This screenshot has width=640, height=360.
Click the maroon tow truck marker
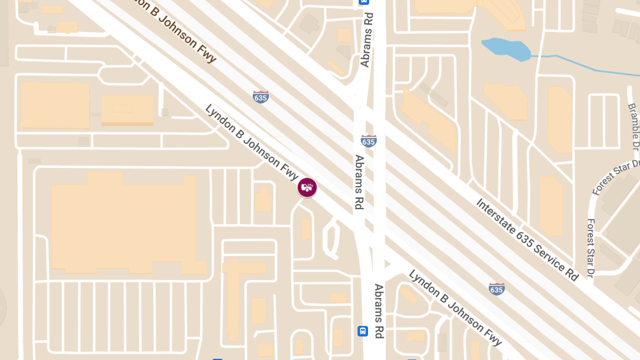pyautogui.click(x=307, y=187)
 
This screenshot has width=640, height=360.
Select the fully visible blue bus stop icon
pyautogui.click(x=363, y=331)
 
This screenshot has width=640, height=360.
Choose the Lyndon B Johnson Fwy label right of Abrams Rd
pyautogui.click(x=455, y=308)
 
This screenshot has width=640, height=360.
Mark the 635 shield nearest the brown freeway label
pyautogui.click(x=261, y=97)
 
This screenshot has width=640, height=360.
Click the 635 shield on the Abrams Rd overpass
pyautogui.click(x=368, y=141)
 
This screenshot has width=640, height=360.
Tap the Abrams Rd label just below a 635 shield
pyautogui.click(x=359, y=182)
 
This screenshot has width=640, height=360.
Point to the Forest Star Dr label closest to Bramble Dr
pyautogui.click(x=616, y=177)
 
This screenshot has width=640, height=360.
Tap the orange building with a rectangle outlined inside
pyautogui.click(x=127, y=110)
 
